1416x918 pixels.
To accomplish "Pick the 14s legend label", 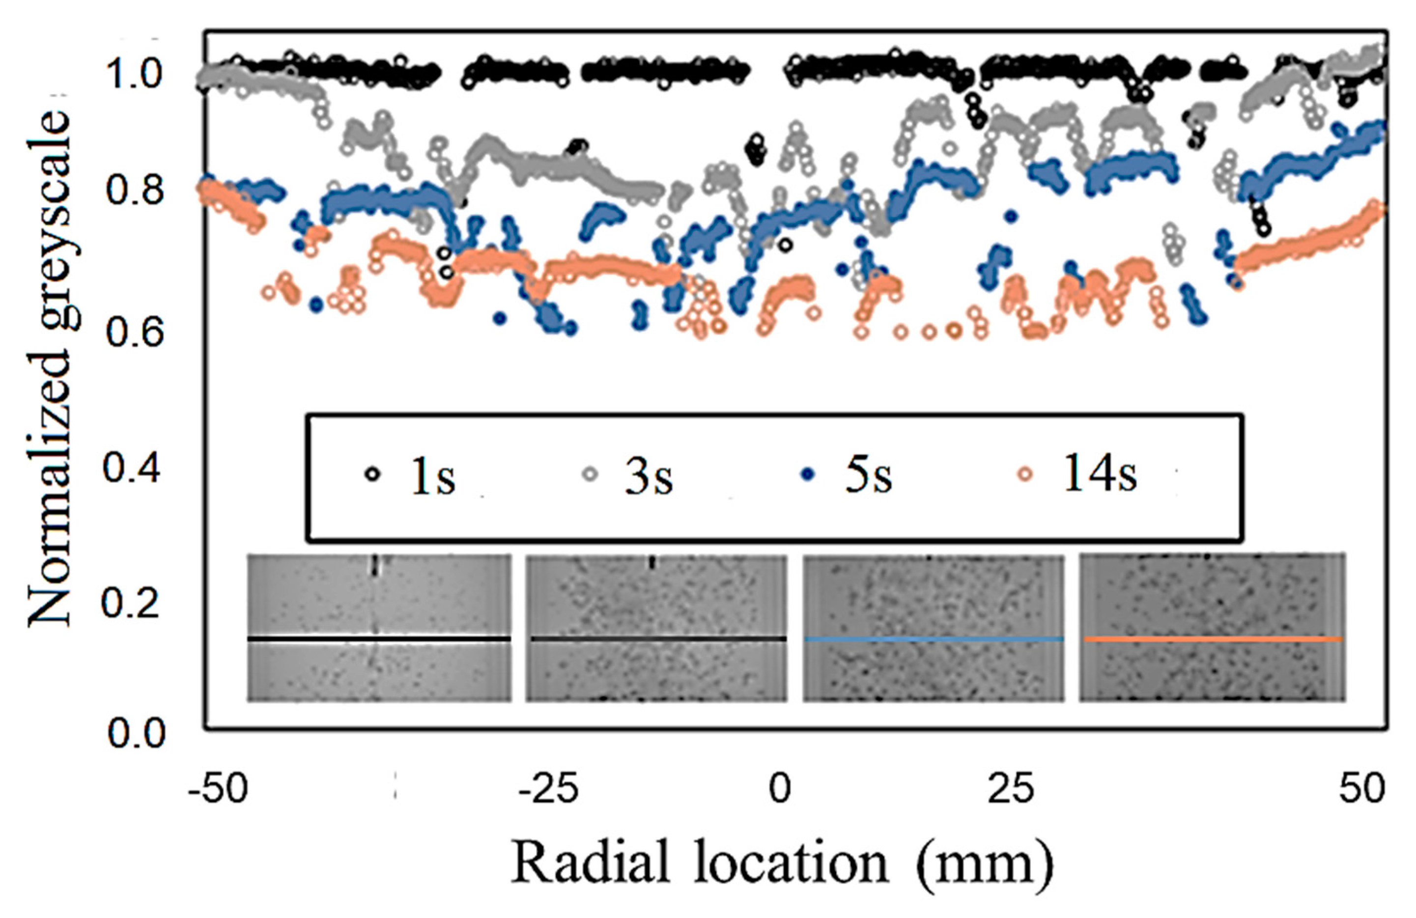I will click(x=1099, y=476).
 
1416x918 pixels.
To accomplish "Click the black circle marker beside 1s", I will click(x=372, y=475).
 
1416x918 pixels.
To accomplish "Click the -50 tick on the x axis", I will click(x=217, y=789).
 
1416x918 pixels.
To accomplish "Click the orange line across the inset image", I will click(x=1213, y=639).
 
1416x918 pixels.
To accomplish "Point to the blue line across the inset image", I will click(x=933, y=639).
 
